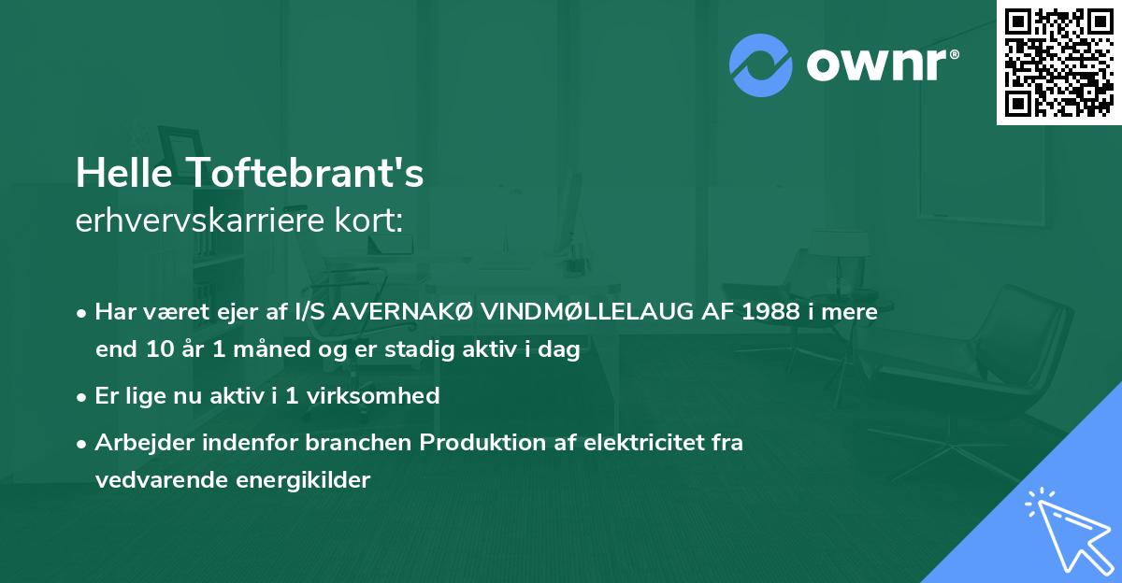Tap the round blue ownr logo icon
point(760,65)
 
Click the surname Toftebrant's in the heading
point(305,173)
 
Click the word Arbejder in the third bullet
point(137,443)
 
